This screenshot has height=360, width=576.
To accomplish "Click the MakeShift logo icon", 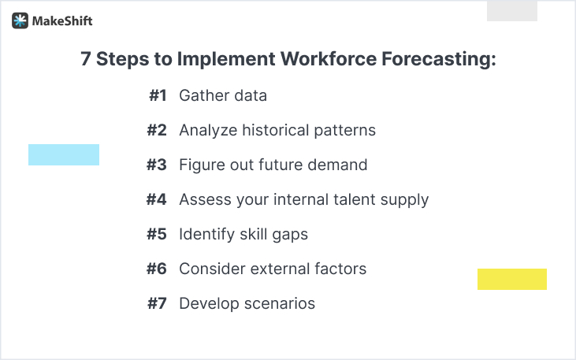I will coord(20,21).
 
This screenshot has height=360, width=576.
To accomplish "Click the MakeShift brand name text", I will coord(62,21).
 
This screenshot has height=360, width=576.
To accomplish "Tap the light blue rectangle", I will coord(64,154).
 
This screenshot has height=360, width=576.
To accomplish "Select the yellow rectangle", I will coord(511,279).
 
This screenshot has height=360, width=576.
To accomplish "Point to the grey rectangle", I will coord(511,11).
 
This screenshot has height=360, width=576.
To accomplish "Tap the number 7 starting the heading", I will coord(86,60).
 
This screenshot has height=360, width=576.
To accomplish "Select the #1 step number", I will coord(158,95).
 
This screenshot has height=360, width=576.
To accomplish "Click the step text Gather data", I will coord(223,95).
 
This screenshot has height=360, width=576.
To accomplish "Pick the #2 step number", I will coord(157,130).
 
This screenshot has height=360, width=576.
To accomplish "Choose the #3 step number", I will coord(157,165).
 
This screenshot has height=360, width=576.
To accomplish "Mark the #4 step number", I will coord(157,199).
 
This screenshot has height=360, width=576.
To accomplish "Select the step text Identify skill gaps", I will coord(243,234).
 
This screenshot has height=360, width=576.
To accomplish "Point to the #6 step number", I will coord(157,269).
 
